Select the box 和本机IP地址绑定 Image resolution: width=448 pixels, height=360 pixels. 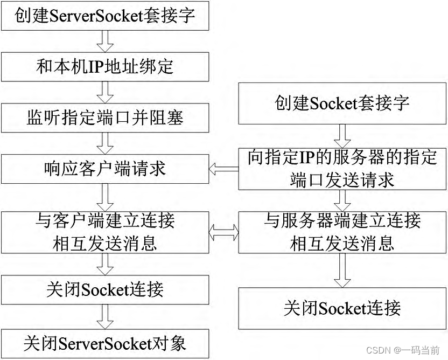click(x=105, y=66)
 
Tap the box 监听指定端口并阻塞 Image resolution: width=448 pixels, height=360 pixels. click(x=105, y=117)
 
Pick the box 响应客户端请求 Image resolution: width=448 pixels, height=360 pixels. click(x=105, y=169)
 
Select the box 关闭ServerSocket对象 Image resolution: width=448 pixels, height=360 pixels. click(x=105, y=343)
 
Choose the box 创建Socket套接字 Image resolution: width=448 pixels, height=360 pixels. click(x=342, y=102)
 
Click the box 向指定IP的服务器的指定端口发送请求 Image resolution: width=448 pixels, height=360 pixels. click(x=342, y=169)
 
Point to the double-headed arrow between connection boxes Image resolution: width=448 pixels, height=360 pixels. click(x=224, y=233)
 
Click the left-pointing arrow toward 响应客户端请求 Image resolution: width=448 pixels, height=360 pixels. click(x=224, y=169)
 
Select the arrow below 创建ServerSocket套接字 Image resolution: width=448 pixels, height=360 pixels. click(x=105, y=40)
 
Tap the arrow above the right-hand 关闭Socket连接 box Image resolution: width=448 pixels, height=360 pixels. click(x=342, y=270)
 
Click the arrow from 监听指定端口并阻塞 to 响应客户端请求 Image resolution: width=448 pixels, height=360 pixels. click(x=105, y=143)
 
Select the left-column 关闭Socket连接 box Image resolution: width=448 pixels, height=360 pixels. click(x=105, y=289)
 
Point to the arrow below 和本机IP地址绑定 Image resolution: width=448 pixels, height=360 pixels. click(x=105, y=92)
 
